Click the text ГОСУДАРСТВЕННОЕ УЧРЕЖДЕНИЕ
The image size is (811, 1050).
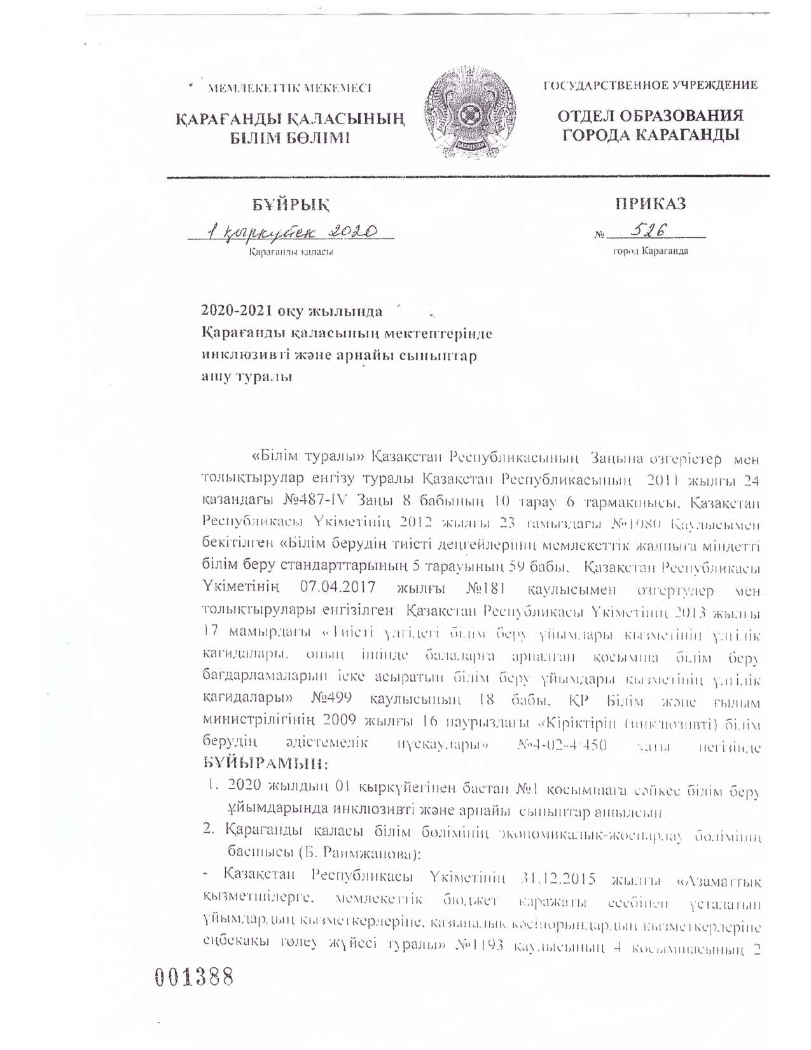click(x=650, y=85)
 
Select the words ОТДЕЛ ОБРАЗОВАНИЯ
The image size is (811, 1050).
click(x=650, y=116)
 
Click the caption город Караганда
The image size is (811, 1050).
click(x=650, y=251)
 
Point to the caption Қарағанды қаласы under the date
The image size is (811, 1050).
click(x=291, y=253)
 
